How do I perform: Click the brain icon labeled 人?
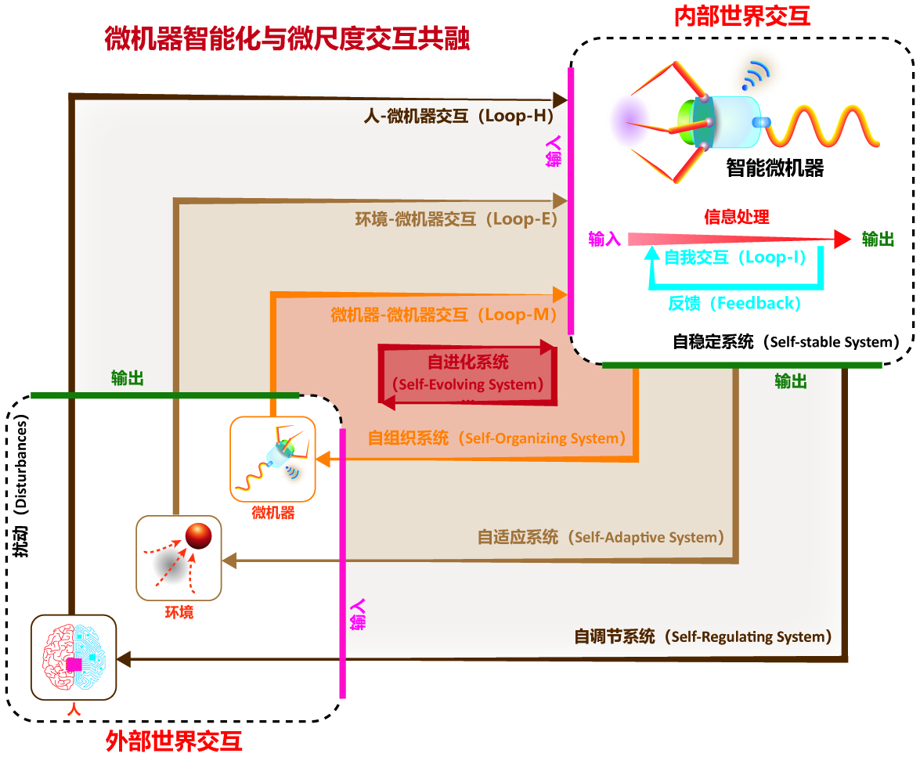point(74,657)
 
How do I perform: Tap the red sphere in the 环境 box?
point(198,535)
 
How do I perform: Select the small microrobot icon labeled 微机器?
point(272,459)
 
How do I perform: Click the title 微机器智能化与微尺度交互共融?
point(287,38)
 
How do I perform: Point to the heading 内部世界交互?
point(742,16)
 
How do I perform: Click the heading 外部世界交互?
point(174,741)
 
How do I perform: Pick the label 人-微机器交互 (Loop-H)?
point(459,116)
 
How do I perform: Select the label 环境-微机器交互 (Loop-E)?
point(456,219)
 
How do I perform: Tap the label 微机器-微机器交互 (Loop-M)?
point(444,315)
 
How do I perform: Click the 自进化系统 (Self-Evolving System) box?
point(467,374)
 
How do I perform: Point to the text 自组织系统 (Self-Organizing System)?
point(496,438)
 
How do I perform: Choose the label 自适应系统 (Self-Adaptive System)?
point(601,537)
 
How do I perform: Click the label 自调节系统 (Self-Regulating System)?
point(703,636)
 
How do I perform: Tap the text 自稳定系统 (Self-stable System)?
point(786,341)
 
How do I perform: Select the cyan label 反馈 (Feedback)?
point(734,303)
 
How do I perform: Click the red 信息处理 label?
point(736,217)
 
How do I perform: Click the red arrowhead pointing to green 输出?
point(842,239)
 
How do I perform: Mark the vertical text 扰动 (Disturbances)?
point(20,486)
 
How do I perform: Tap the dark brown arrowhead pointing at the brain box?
point(124,659)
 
